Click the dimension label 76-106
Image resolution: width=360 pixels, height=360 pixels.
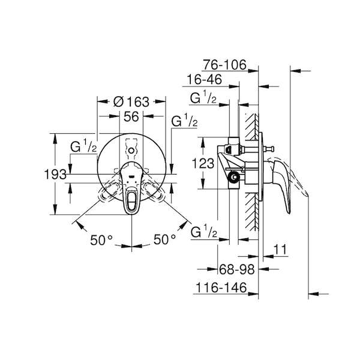pyautogui.click(x=224, y=65)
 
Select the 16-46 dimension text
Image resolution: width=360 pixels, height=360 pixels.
pyautogui.click(x=205, y=79)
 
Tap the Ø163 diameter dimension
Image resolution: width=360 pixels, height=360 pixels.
pyautogui.click(x=131, y=102)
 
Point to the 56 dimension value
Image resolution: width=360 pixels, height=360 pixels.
pyautogui.click(x=131, y=116)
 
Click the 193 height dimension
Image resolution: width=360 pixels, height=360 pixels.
pyautogui.click(x=55, y=175)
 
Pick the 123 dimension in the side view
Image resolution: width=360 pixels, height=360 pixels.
pyautogui.click(x=203, y=164)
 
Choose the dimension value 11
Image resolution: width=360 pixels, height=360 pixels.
pyautogui.click(x=281, y=250)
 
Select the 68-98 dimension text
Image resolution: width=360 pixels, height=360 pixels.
pyautogui.click(x=237, y=269)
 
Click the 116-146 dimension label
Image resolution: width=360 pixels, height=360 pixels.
pyautogui.click(x=221, y=287)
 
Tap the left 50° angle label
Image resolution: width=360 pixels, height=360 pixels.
pyautogui.click(x=101, y=240)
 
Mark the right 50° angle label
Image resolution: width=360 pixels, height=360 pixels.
pyautogui.click(x=164, y=239)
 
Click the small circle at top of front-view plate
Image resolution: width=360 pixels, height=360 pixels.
pyautogui.click(x=131, y=151)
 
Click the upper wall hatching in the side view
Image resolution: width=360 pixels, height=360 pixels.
pyautogui.click(x=252, y=127)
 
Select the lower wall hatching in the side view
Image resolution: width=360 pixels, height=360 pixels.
pyautogui.click(x=252, y=212)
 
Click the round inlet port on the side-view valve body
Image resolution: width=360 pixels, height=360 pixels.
pyautogui.click(x=234, y=177)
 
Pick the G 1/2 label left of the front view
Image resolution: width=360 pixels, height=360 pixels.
pyautogui.click(x=83, y=147)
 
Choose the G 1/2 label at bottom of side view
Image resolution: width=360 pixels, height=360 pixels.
pyautogui.click(x=204, y=232)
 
